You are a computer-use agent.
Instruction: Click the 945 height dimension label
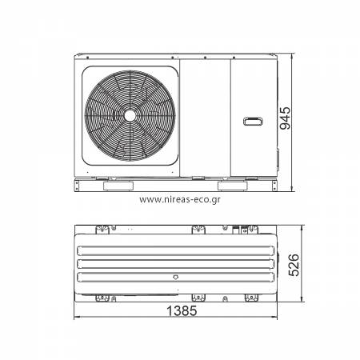pos(285,118)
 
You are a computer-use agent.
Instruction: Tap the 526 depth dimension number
pos(294,265)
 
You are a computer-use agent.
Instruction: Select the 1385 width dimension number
pos(182,310)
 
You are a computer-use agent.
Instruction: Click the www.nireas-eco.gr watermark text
pos(180,199)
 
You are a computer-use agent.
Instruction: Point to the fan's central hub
pos(130,116)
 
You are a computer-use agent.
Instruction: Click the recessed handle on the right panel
pos(253,122)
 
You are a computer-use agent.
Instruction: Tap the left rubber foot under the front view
pos(118,186)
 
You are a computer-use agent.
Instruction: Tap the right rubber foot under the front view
pos(233,186)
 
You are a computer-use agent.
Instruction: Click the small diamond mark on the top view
pos(175,278)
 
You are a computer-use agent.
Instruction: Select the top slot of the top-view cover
pos(176,250)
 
